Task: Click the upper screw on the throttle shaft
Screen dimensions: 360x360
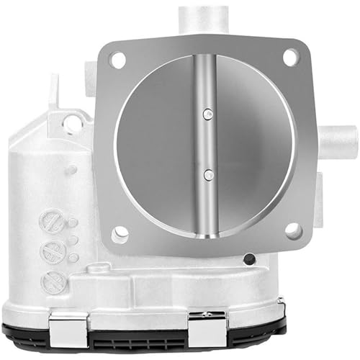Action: click(x=207, y=112)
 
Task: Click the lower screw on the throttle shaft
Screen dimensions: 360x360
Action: click(x=207, y=173)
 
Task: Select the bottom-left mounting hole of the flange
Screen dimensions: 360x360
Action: click(x=120, y=233)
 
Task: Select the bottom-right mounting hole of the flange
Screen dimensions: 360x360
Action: click(x=292, y=230)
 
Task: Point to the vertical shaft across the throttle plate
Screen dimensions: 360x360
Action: click(x=207, y=144)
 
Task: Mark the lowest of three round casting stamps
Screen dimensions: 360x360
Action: click(x=55, y=282)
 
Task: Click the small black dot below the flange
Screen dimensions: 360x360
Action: click(x=249, y=258)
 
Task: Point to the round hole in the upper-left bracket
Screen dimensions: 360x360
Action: click(x=73, y=125)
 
